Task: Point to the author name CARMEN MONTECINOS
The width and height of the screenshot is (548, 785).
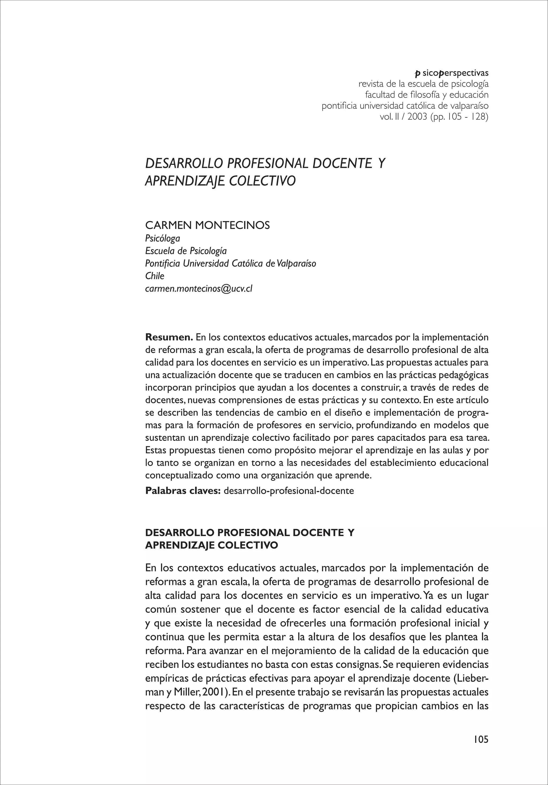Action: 208,225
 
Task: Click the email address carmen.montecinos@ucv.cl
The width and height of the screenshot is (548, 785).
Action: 199,289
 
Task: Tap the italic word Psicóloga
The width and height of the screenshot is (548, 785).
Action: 162,238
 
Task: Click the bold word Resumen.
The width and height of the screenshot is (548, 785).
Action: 169,337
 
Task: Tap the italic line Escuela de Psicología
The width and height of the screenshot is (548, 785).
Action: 186,251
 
